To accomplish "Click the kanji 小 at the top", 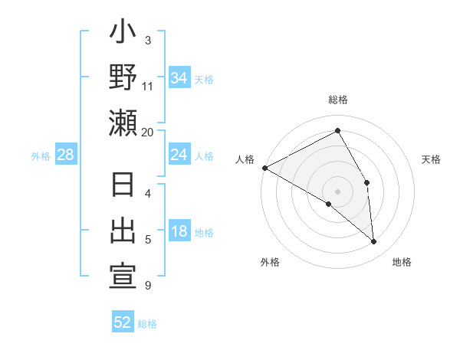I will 123,35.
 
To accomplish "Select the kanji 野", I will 123,80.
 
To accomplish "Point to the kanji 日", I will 123,187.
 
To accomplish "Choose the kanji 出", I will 123,231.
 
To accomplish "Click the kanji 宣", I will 123,277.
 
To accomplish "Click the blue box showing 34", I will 179,78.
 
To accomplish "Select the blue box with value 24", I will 179,155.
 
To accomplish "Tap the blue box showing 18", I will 179,232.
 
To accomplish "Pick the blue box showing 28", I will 66,155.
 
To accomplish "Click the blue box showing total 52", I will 123,322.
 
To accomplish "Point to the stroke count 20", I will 148,132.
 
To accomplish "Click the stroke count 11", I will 148,86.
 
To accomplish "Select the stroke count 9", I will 148,286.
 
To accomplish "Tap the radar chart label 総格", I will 338,100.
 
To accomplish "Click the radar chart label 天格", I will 432,159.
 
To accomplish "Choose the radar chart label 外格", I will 270,262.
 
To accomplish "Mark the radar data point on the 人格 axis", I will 264,167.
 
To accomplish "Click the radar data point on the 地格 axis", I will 373,241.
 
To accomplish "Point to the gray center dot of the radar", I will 337,191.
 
